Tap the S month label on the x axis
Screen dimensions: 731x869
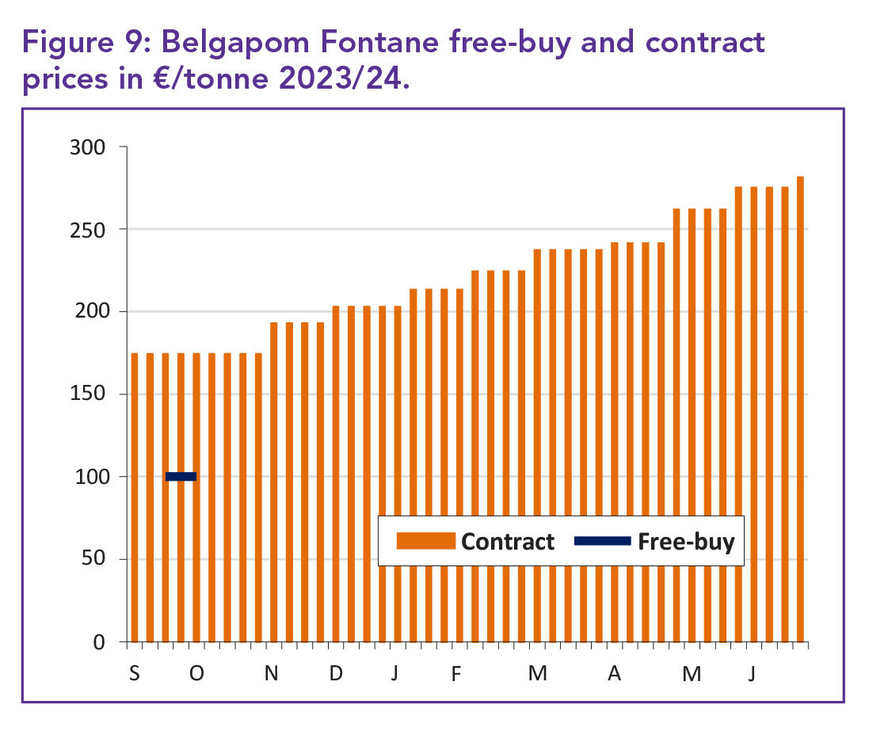tap(134, 674)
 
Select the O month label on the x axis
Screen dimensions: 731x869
tap(196, 674)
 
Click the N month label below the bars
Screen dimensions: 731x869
tap(272, 674)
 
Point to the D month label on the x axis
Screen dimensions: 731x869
tap(336, 674)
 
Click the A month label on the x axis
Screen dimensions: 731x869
tap(614, 674)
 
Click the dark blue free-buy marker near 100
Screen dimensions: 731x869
tap(181, 476)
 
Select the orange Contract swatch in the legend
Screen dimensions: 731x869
tap(426, 541)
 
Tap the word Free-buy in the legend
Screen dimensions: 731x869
tap(686, 542)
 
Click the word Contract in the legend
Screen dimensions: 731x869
tap(508, 542)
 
